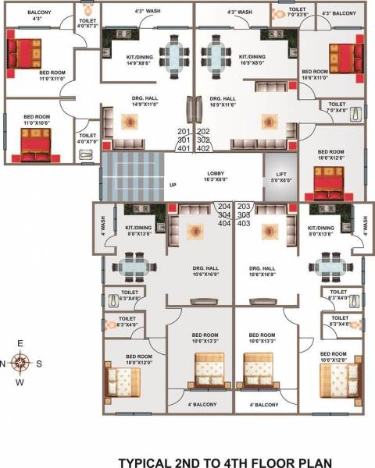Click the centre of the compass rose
pos(22,362)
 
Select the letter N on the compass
pos(4,363)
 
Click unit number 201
pos(184,131)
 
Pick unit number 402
pos(203,147)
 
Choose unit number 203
pos(243,206)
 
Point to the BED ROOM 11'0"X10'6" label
pos(37,119)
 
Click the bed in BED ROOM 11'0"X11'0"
pos(27,55)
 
